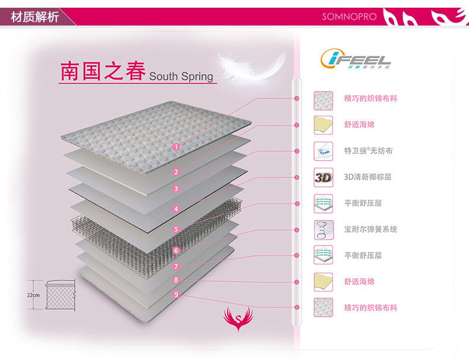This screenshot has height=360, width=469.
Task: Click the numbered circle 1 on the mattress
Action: coord(176,146)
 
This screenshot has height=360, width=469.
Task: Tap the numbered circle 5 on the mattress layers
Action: coord(176,229)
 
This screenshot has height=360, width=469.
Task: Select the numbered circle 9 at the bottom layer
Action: coord(176,294)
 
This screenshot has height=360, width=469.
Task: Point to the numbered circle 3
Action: coord(176,189)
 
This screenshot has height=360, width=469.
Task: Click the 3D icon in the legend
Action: coord(323,177)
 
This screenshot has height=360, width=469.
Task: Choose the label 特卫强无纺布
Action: coord(368,151)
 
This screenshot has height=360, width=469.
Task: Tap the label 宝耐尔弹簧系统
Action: coord(370,230)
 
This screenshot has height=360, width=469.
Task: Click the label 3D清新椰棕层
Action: coord(367,177)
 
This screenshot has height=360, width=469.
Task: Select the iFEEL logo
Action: coord(356,59)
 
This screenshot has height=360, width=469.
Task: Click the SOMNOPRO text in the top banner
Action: coord(349,17)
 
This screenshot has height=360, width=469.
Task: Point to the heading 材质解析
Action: coord(34,17)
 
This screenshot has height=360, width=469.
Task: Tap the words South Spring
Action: coord(180,76)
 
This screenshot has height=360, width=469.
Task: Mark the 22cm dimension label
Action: coord(33,295)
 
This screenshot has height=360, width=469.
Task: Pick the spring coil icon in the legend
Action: coord(323,230)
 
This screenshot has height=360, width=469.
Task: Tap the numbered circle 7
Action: coord(176,267)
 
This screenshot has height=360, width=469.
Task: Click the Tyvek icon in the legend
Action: coord(323,151)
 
